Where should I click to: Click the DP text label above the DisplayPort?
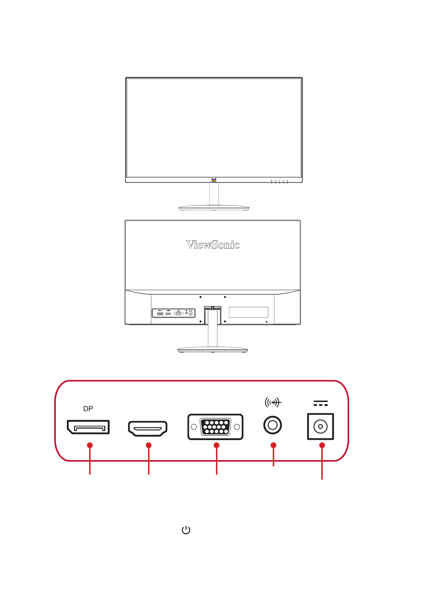click(x=88, y=408)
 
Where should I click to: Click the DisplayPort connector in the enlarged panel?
click(x=88, y=427)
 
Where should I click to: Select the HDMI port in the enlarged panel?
click(x=148, y=429)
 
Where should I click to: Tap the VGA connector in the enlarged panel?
click(x=215, y=427)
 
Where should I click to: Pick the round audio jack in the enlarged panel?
click(x=273, y=425)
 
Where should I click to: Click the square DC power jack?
click(x=321, y=426)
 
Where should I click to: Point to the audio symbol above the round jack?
click(x=273, y=403)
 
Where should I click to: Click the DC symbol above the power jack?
click(x=321, y=403)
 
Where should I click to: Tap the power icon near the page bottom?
click(x=186, y=530)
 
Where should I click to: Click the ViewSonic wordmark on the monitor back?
click(x=213, y=245)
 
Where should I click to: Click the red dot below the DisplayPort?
click(x=90, y=445)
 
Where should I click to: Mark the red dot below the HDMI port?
click(x=149, y=445)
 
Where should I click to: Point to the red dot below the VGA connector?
click(x=216, y=445)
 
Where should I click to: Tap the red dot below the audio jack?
click(x=273, y=445)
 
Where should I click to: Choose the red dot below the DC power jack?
click(x=322, y=445)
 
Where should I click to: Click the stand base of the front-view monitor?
click(x=214, y=208)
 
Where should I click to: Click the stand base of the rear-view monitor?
click(x=213, y=349)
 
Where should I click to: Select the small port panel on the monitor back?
click(x=174, y=313)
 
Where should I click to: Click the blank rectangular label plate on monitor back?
click(x=248, y=312)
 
